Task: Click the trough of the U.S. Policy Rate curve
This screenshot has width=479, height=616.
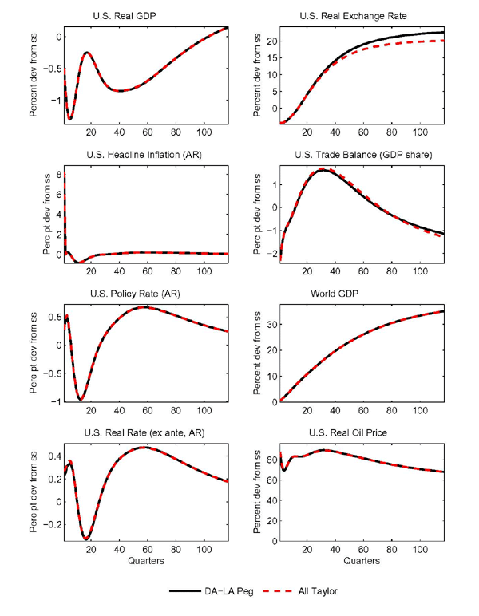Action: tap(81, 397)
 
